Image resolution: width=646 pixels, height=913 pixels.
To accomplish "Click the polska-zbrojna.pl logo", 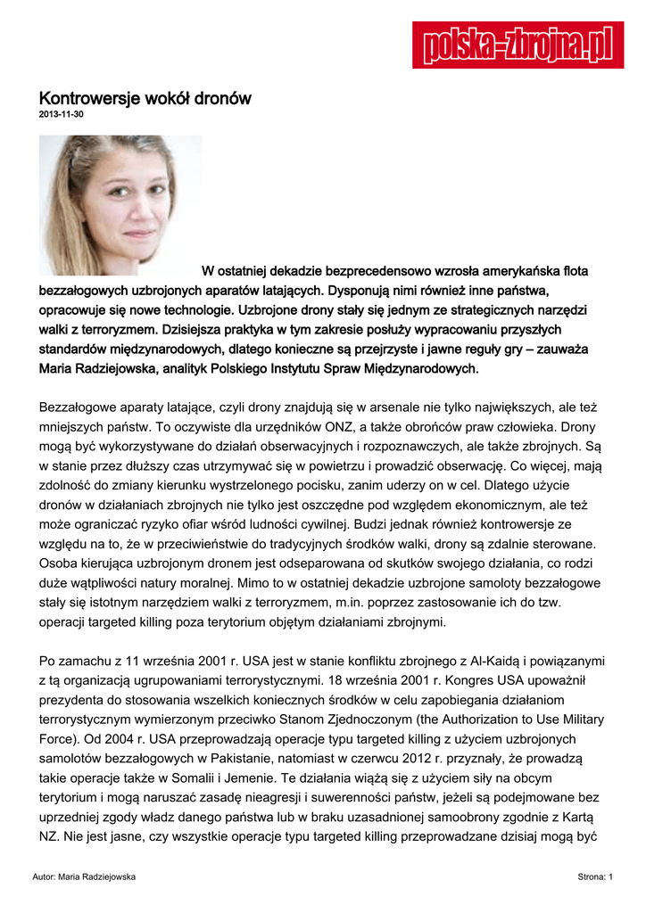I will [x=518, y=45].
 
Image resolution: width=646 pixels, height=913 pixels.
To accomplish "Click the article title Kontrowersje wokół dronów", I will [x=145, y=98].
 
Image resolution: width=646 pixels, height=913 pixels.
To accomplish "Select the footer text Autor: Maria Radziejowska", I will [x=84, y=877].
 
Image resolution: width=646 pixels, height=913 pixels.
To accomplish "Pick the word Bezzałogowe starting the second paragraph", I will [x=79, y=407].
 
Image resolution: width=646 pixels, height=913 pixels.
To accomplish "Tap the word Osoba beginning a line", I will [x=59, y=563].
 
